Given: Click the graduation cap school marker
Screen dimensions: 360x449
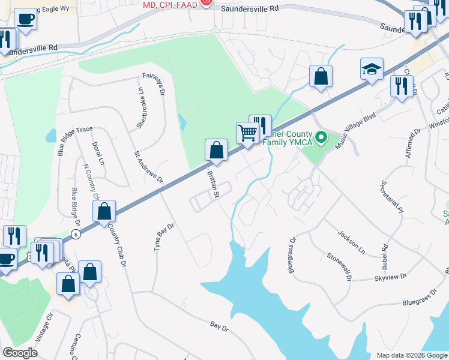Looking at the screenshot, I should point(372,70).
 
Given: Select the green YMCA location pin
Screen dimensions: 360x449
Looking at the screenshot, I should point(321,139).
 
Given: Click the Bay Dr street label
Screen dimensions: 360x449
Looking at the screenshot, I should point(220,328).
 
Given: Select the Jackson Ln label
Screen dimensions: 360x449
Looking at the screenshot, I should point(351,239).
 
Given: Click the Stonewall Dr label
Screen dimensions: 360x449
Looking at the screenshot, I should point(339,266).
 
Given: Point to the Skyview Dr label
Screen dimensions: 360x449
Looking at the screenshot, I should point(391,277).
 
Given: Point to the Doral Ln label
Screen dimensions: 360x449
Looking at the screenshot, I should point(98,154).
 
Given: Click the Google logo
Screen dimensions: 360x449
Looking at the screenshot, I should point(20,352).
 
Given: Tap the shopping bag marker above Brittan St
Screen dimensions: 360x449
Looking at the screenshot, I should point(216,151).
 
